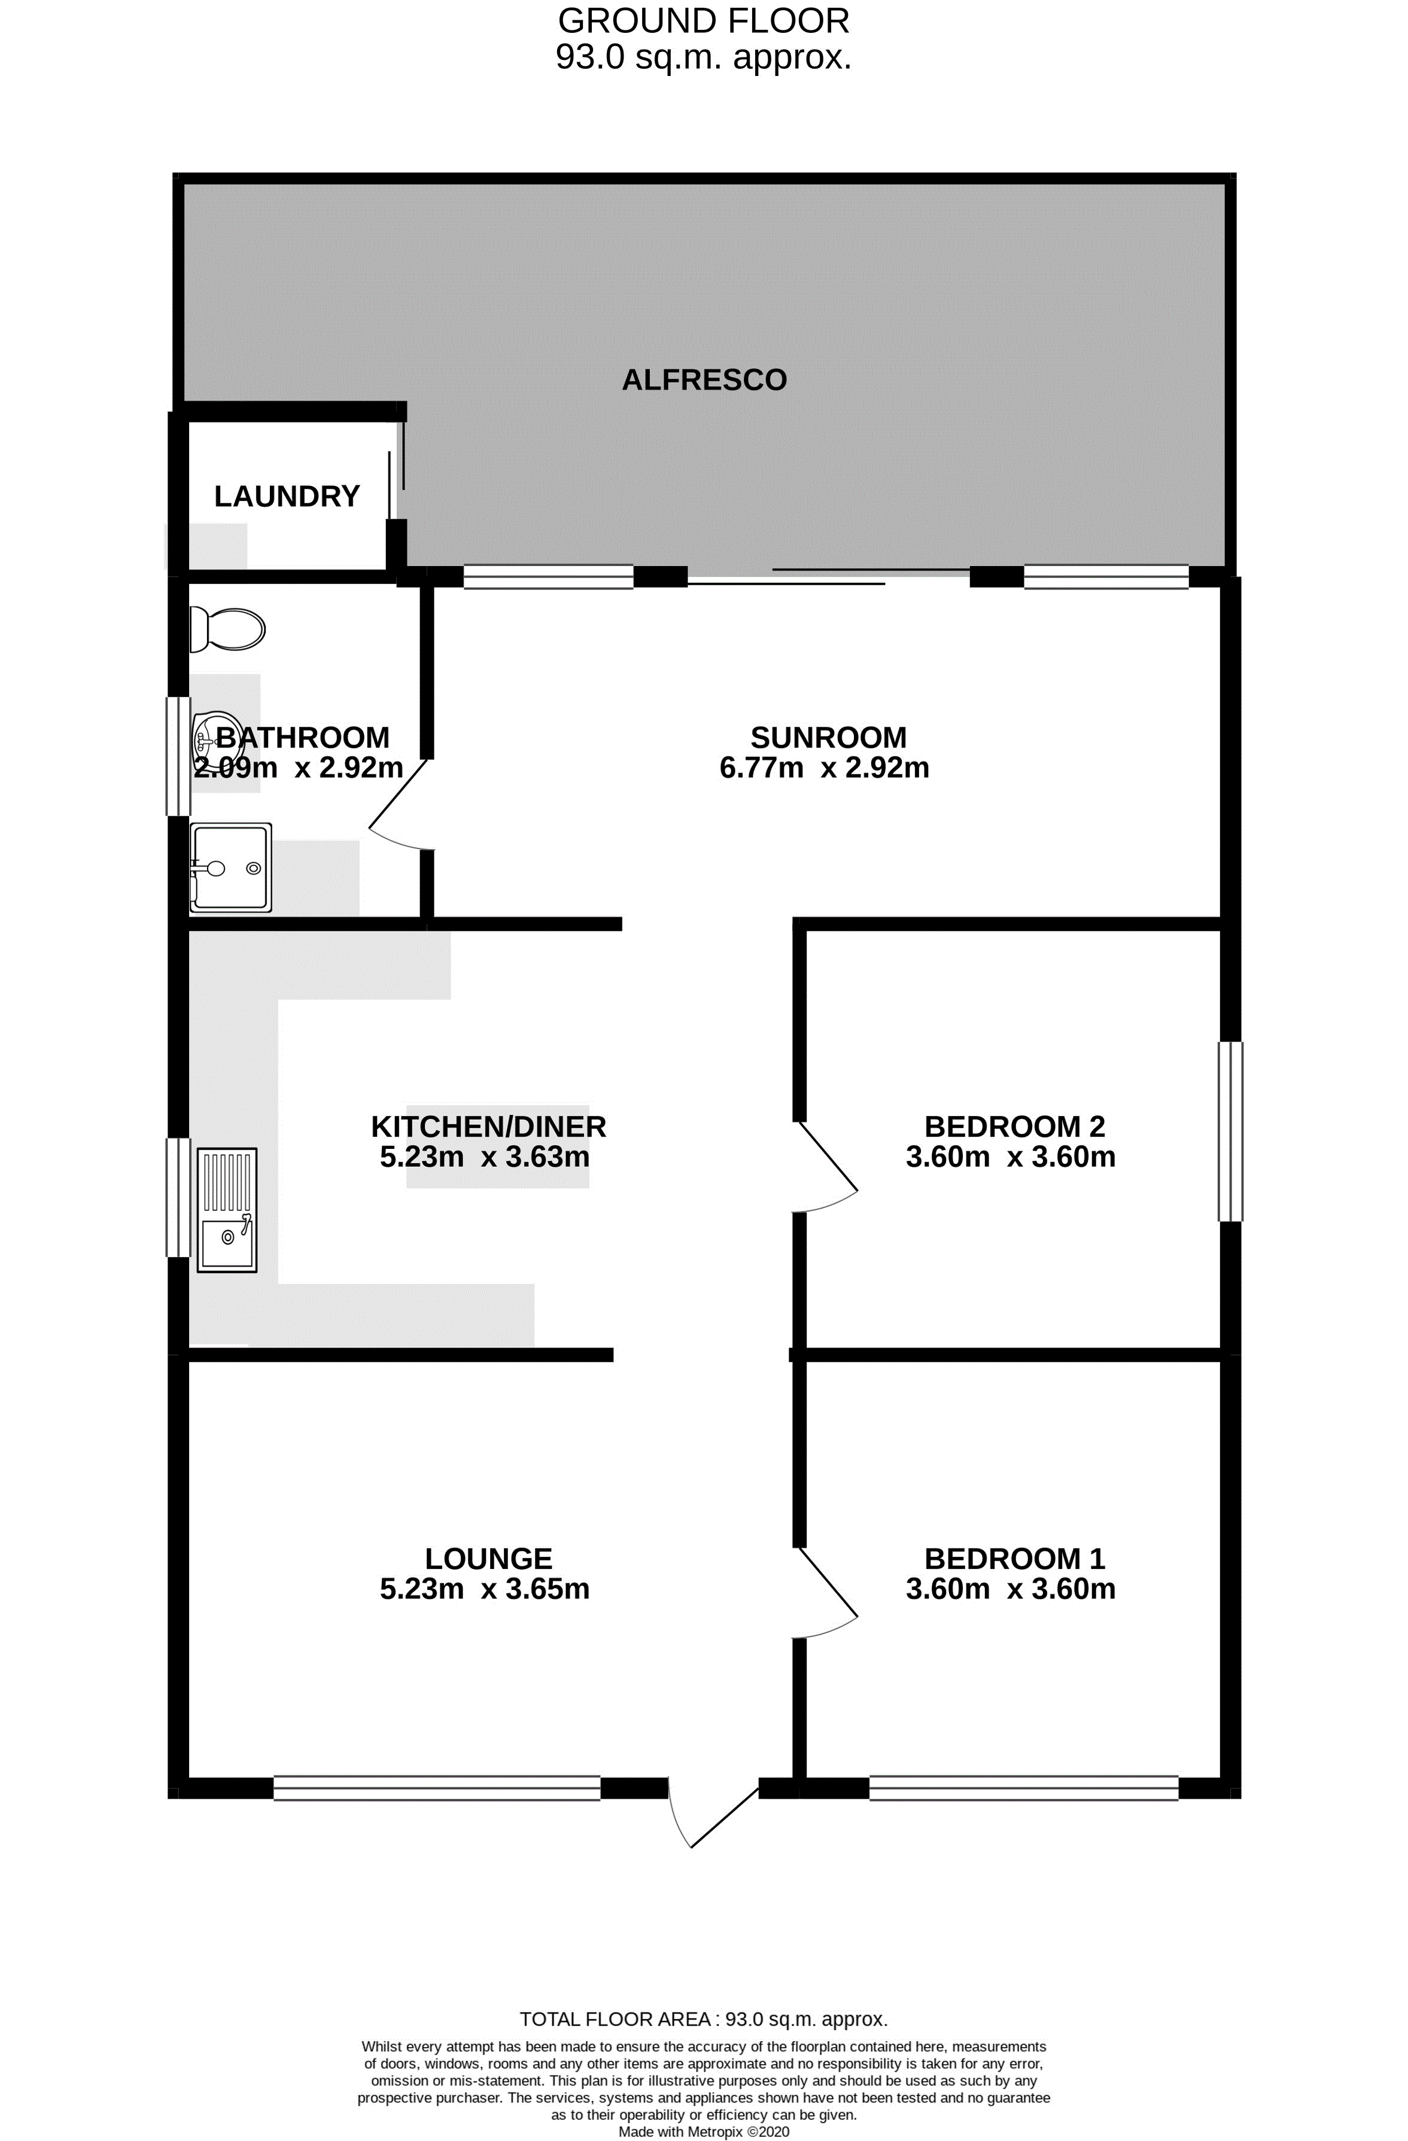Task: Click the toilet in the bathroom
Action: click(227, 629)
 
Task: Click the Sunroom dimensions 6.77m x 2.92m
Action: click(824, 767)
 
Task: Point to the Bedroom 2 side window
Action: click(1230, 1131)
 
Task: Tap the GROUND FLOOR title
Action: click(704, 20)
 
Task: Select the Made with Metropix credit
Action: click(704, 2132)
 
